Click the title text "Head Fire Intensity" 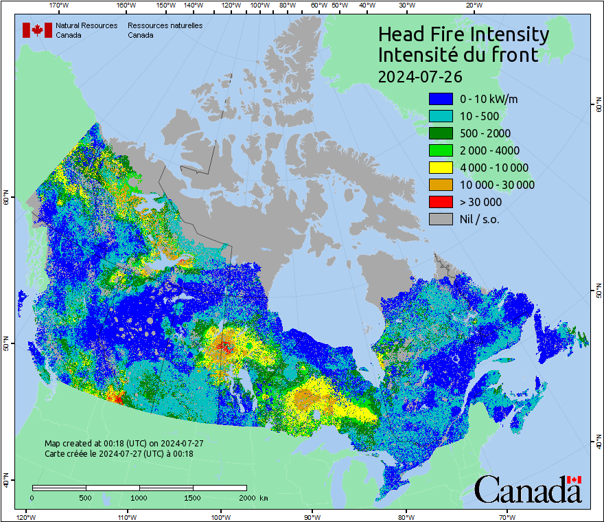(463, 34)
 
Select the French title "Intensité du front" (458, 55)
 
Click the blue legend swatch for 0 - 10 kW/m (441, 99)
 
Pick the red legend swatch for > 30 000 (441, 202)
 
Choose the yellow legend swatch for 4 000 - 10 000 (441, 168)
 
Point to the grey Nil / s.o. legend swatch (441, 219)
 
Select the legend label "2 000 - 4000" (489, 150)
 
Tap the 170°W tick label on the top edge (60, 5)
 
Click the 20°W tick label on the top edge (473, 5)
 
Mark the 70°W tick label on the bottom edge (507, 517)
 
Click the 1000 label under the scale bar (139, 497)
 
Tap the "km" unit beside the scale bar (264, 497)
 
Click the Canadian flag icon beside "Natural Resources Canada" (37, 30)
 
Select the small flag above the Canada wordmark (574, 479)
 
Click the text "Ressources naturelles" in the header (165, 25)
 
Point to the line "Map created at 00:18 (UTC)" (124, 444)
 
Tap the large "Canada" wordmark (527, 490)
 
